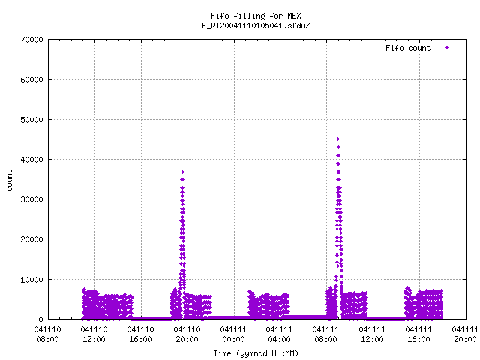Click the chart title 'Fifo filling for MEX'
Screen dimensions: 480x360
pos(256,16)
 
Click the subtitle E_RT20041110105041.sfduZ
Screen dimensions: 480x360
pos(256,25)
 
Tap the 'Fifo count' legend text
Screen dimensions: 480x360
pos(408,48)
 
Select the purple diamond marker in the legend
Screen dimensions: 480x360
pos(447,48)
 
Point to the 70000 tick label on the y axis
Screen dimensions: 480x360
pos(31,40)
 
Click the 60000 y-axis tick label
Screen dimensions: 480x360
pos(31,79)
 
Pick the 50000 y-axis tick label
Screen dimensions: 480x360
pos(31,120)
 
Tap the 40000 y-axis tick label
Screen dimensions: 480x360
pos(31,160)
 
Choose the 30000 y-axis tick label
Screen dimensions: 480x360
pos(31,199)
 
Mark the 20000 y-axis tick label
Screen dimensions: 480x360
pos(31,239)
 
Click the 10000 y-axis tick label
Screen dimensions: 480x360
pos(31,280)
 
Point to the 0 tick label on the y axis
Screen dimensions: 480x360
pos(41,319)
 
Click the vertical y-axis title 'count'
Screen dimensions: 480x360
pos(10,181)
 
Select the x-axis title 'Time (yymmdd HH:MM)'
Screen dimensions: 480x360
pos(256,353)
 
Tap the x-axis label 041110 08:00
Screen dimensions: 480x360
pos(48,334)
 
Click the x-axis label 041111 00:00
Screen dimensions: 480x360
pos(233,334)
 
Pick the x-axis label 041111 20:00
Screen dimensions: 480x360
pos(465,334)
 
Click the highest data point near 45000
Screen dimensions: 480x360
pos(338,139)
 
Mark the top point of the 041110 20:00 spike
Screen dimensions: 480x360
pos(183,172)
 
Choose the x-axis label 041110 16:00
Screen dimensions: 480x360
pos(141,334)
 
